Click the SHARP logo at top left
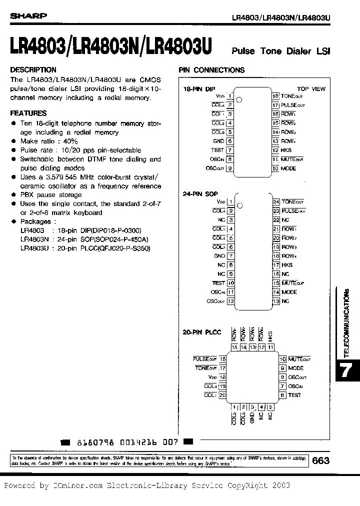click(x=29, y=15)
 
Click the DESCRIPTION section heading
click(x=33, y=70)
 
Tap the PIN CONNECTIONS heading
click(x=211, y=70)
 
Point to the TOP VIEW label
click(x=311, y=89)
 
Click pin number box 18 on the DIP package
click(x=275, y=96)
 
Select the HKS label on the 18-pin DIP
click(x=286, y=150)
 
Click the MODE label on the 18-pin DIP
click(x=288, y=168)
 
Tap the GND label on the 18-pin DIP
click(x=219, y=141)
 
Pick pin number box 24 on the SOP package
click(x=275, y=201)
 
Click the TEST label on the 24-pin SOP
click(x=218, y=283)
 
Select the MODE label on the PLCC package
click(x=296, y=368)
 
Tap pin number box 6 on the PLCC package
click(x=282, y=395)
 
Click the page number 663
click(x=320, y=460)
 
